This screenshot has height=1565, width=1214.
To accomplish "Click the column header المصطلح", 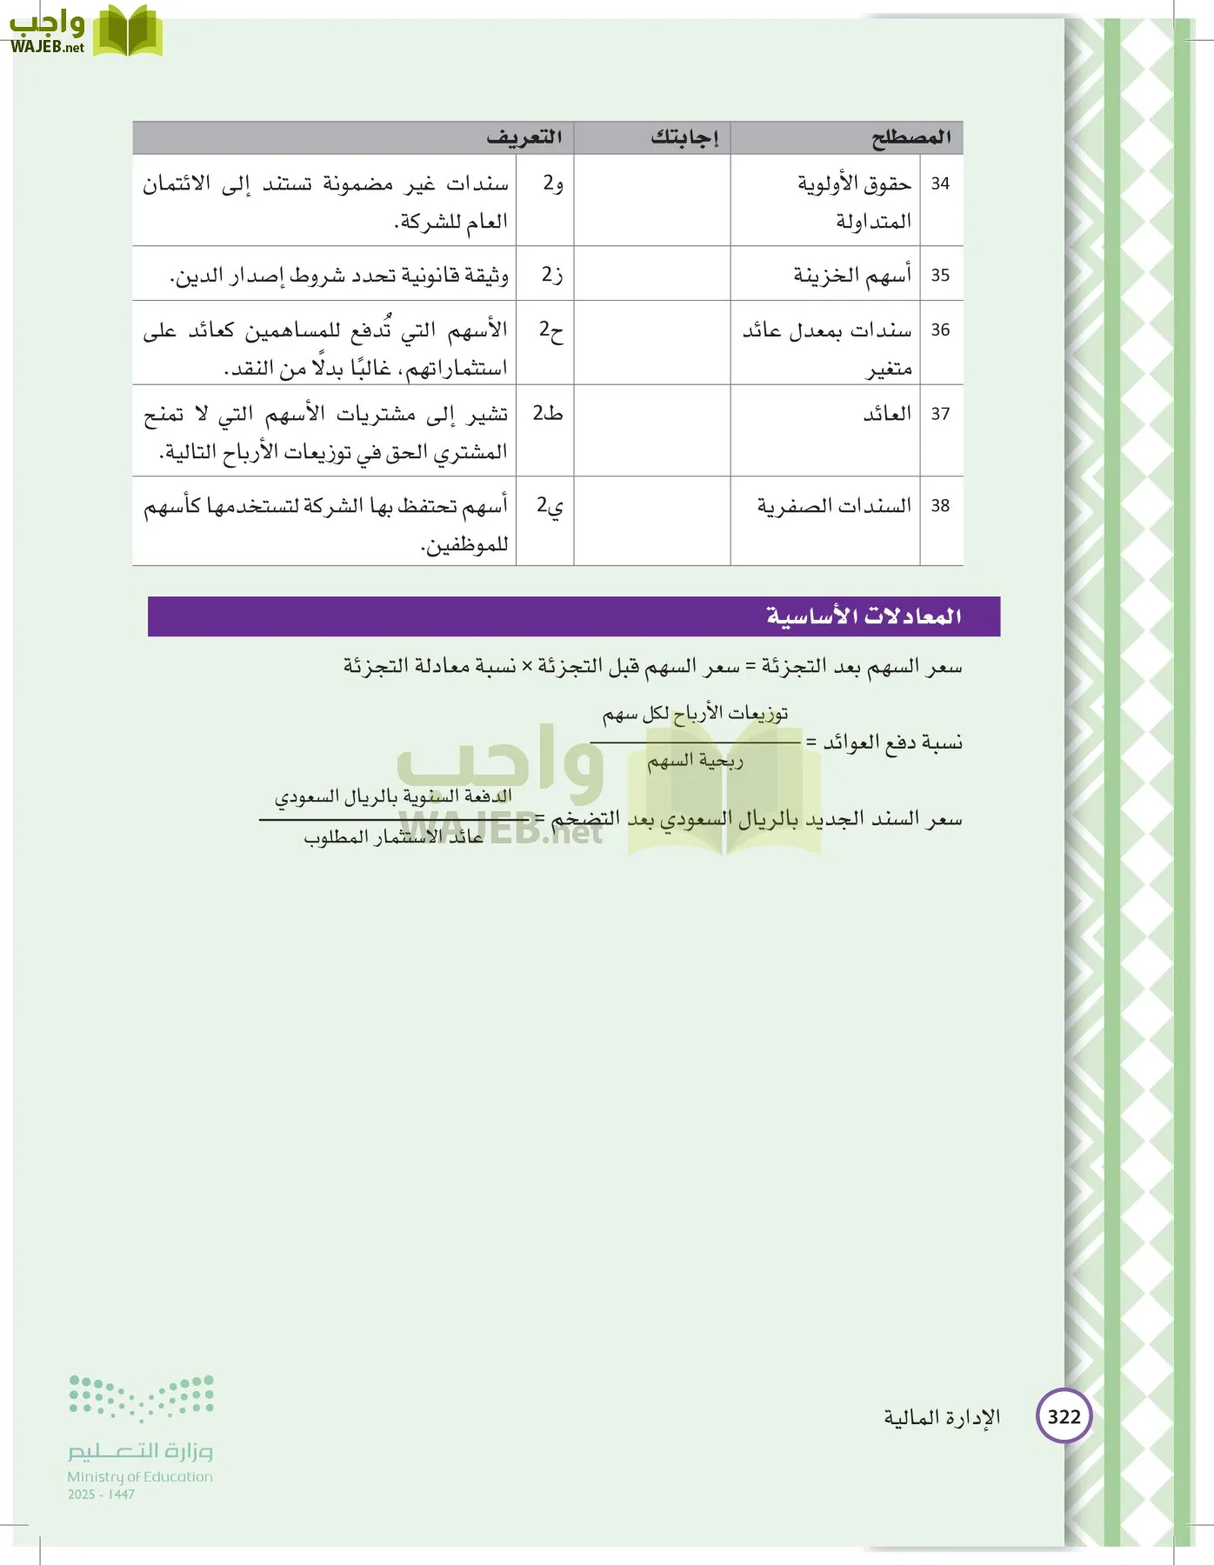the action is pos(910,137).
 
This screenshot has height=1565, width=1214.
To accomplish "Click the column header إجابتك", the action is pos(684,137).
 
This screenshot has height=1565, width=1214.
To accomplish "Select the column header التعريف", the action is pos(524,137).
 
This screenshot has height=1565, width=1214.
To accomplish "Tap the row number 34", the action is pos(940,183).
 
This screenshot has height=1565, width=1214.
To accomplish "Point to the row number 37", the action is pos(940,414).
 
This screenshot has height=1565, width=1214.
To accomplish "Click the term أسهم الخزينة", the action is pos(851,276).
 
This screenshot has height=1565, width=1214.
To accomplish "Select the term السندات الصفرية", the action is pos(833,505).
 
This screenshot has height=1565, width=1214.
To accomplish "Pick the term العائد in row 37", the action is pos(886,414).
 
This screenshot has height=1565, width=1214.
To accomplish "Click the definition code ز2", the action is pos(551,275).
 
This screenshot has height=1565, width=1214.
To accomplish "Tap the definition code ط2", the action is pos(548,413).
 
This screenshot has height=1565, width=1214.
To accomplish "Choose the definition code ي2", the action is pos(550,505).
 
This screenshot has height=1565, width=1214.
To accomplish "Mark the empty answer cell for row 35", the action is pos(651,274).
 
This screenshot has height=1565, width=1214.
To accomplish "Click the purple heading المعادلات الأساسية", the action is pos(863,616).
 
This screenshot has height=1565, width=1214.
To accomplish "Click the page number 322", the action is pos(1064,1417).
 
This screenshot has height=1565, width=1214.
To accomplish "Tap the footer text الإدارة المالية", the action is pos(942,1417).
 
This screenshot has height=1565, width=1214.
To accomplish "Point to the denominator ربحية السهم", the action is pos(695,762).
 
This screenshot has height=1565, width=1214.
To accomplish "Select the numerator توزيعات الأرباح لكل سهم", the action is pos(695,714).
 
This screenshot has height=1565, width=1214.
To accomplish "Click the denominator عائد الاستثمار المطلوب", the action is pos(393,837).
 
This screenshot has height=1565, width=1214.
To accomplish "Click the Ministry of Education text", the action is pos(140,1476).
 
